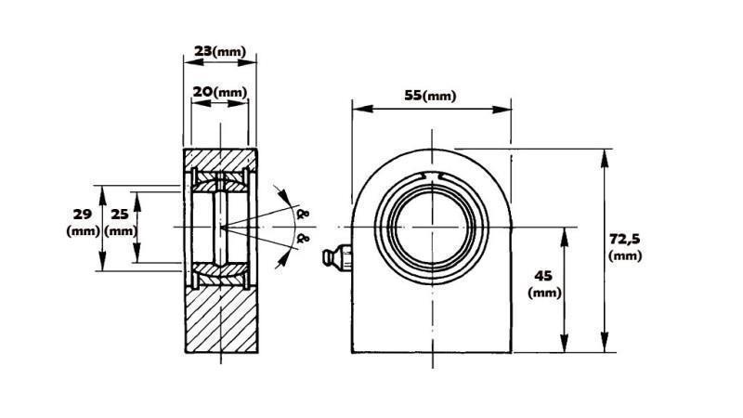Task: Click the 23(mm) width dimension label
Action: tap(220, 52)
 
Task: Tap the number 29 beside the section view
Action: tap(82, 215)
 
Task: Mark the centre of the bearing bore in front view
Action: tap(432, 227)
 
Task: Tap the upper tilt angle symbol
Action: tap(301, 214)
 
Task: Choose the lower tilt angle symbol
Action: tap(301, 240)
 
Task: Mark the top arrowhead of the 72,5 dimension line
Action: tap(605, 152)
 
